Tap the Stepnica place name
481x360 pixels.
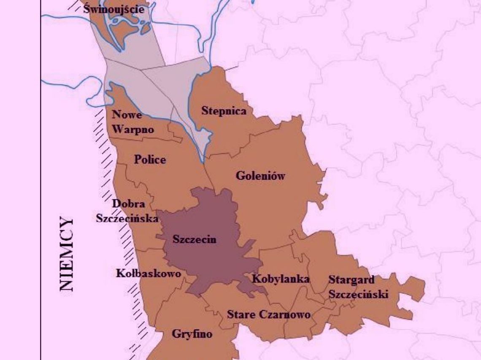[x=224, y=111]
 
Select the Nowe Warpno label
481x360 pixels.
[x=132, y=122]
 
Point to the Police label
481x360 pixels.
[x=150, y=160]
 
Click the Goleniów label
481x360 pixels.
[x=260, y=176]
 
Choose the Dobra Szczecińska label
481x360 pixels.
[x=127, y=211]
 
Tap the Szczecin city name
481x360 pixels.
[x=195, y=239]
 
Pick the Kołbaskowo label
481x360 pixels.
[x=148, y=274]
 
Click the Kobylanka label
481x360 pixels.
[x=281, y=279]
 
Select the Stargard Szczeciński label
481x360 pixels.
[x=358, y=287]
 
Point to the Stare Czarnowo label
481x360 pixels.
[x=269, y=314]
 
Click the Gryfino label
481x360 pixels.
[x=192, y=334]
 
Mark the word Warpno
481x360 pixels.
[x=133, y=129]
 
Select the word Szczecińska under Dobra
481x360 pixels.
[x=127, y=218]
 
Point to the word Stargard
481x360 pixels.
[x=351, y=279]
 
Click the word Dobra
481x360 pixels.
[x=128, y=204]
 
